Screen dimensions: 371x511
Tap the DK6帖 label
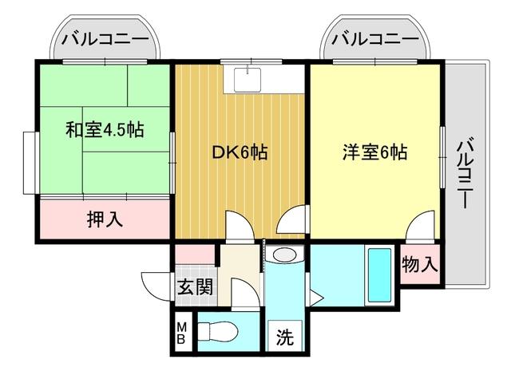(240, 152)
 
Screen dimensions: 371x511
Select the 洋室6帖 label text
(374, 152)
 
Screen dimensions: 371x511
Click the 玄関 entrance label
(194, 286)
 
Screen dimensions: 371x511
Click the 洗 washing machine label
(284, 337)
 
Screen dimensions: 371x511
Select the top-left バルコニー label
(104, 37)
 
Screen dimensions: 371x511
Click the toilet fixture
(217, 330)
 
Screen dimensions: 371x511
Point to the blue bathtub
(378, 276)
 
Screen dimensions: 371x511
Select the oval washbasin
(283, 256)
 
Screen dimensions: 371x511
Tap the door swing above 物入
(420, 228)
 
